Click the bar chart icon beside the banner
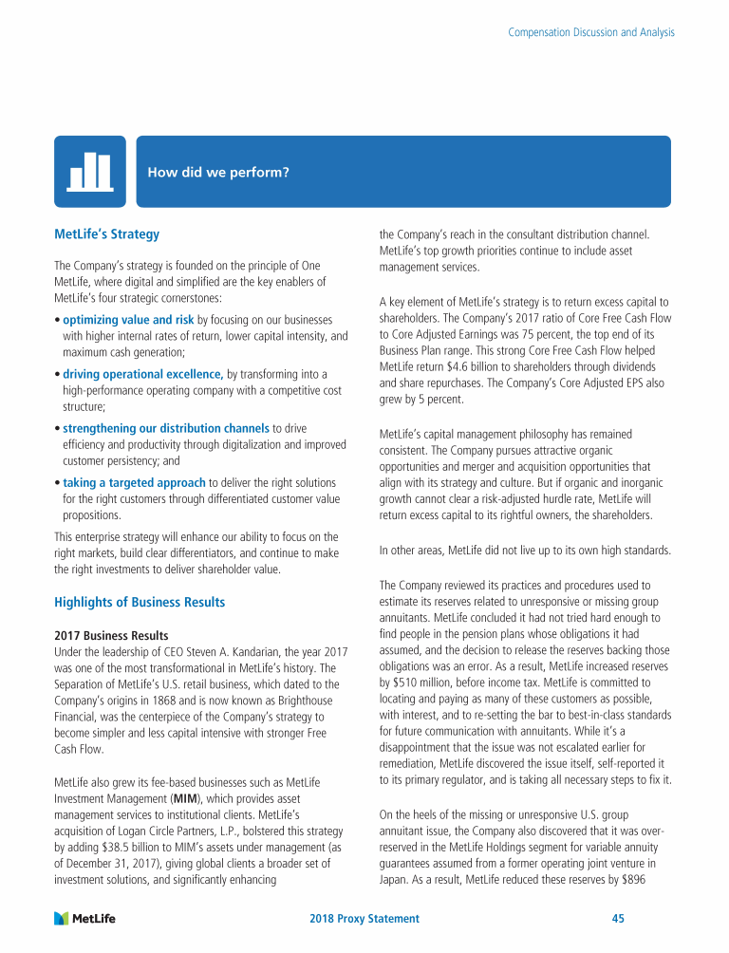pos(91,171)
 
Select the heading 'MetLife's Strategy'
pos(106,234)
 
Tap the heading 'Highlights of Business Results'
pos(140,602)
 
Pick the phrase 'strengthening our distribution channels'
pos(166,428)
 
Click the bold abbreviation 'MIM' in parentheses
pos(188,796)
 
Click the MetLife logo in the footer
pos(85,918)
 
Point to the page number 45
pos(617,919)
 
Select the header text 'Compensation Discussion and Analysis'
pos(591,32)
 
